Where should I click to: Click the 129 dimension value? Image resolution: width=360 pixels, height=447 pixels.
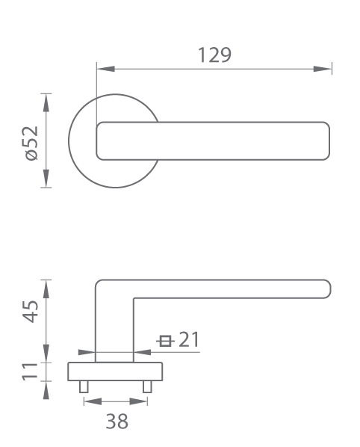(214, 55)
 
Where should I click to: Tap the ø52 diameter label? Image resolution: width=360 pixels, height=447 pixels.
(31, 144)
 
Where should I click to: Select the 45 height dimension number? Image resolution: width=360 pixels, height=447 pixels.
(30, 312)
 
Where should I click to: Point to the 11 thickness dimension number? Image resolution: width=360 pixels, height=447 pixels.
(30, 372)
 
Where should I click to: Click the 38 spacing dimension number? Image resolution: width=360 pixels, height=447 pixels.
(117, 422)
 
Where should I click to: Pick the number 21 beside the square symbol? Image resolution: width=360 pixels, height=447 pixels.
(189, 339)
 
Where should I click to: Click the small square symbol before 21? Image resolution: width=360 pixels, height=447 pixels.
(165, 341)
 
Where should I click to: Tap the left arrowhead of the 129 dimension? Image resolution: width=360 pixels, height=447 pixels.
(105, 69)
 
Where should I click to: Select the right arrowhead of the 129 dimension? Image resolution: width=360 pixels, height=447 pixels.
(323, 69)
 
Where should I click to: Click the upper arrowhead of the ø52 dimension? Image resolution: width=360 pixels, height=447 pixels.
(46, 102)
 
